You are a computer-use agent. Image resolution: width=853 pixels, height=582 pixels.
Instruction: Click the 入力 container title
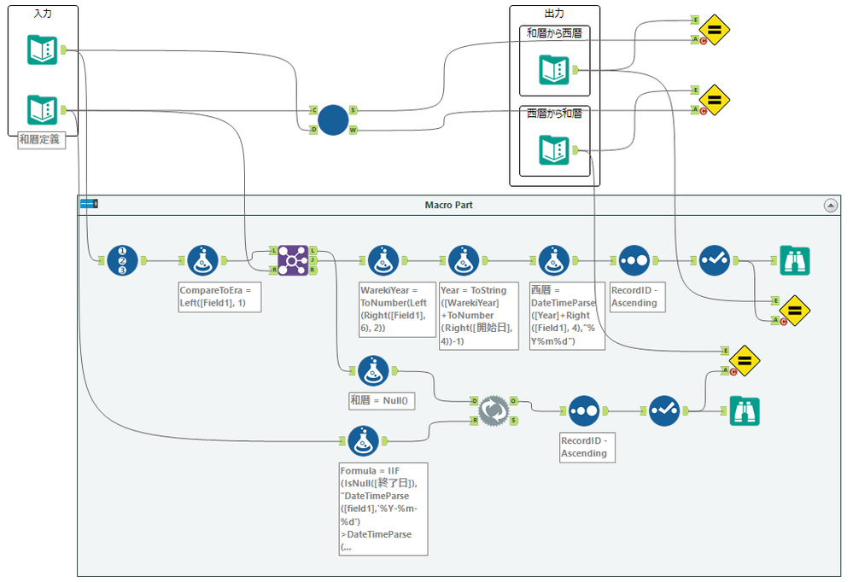(42, 13)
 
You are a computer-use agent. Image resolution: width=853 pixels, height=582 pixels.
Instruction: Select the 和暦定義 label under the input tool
(42, 140)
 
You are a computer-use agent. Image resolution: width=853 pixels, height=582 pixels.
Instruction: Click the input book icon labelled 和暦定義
(42, 110)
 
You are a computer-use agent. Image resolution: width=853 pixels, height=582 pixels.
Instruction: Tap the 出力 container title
(554, 14)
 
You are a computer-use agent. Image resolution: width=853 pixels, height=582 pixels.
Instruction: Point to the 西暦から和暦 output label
(554, 113)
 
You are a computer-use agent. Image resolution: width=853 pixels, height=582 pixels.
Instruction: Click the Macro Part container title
(448, 205)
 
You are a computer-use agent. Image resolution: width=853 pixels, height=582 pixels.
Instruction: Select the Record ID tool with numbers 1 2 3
(123, 259)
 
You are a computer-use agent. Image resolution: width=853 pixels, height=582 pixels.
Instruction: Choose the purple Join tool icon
(292, 259)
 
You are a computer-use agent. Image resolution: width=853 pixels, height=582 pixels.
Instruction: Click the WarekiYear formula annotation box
(397, 309)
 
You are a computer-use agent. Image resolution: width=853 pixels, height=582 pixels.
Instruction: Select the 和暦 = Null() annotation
(381, 399)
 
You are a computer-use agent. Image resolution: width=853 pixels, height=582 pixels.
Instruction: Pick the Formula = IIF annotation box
(383, 509)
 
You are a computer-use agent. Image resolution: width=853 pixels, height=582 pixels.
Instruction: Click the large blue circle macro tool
(333, 120)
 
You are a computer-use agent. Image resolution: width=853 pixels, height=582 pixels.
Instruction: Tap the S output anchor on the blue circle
(353, 110)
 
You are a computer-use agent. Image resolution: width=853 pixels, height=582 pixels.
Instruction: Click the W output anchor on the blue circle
(353, 131)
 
